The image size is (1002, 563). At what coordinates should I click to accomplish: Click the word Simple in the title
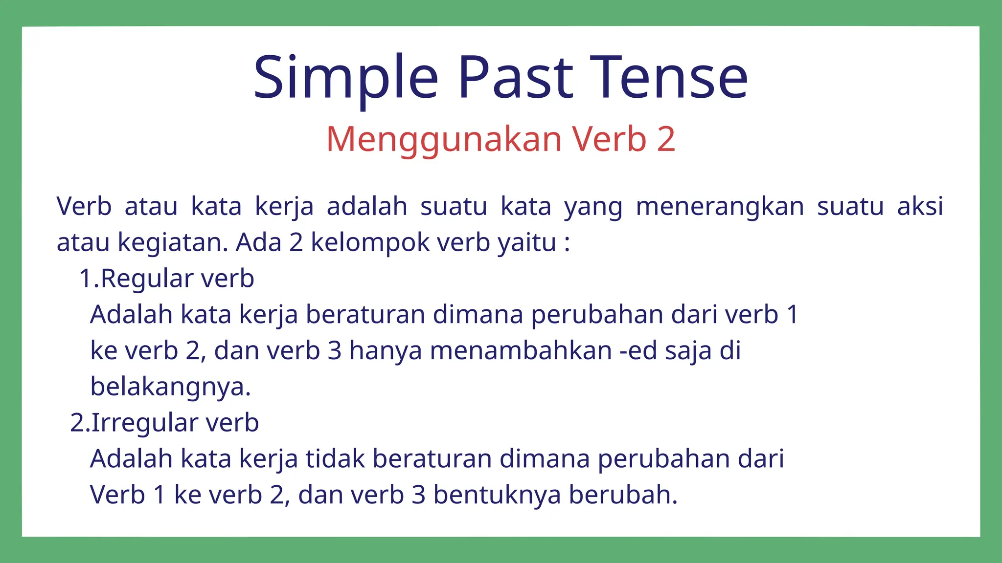[345, 78]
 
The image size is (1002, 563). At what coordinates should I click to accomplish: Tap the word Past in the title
[515, 78]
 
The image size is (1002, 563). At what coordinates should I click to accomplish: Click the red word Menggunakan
[444, 140]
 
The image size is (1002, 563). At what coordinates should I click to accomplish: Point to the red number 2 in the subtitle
[666, 139]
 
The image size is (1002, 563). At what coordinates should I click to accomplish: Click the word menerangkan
[720, 206]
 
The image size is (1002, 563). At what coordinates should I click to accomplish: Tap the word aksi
[920, 206]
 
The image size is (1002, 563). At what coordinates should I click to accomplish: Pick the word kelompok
[370, 242]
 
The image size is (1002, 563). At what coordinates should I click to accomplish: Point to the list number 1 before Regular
[86, 279]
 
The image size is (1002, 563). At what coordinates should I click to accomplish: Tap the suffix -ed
[638, 351]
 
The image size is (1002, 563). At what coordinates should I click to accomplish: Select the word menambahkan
[521, 351]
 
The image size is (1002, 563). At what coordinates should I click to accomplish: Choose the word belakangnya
[170, 387]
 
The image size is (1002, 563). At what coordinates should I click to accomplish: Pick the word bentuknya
[497, 495]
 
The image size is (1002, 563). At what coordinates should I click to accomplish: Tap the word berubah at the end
[623, 495]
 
